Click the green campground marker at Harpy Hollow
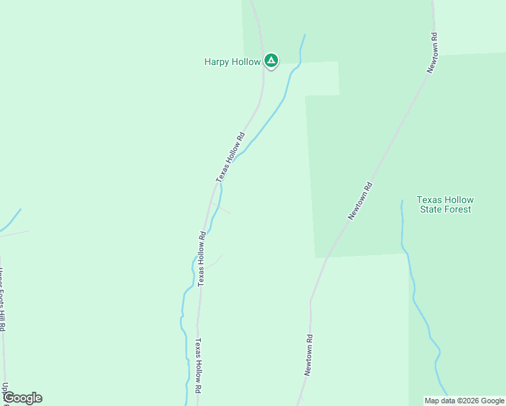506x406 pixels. [271, 61]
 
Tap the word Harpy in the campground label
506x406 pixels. [216, 62]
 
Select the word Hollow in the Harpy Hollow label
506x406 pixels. [246, 62]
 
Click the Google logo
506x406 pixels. [22, 398]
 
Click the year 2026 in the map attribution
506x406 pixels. [472, 401]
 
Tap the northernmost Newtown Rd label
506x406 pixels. [432, 53]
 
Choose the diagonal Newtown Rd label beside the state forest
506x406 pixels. [360, 200]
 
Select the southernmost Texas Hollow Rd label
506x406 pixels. [198, 366]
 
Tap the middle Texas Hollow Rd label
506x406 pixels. [202, 258]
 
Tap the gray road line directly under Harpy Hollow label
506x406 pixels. [263, 81]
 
